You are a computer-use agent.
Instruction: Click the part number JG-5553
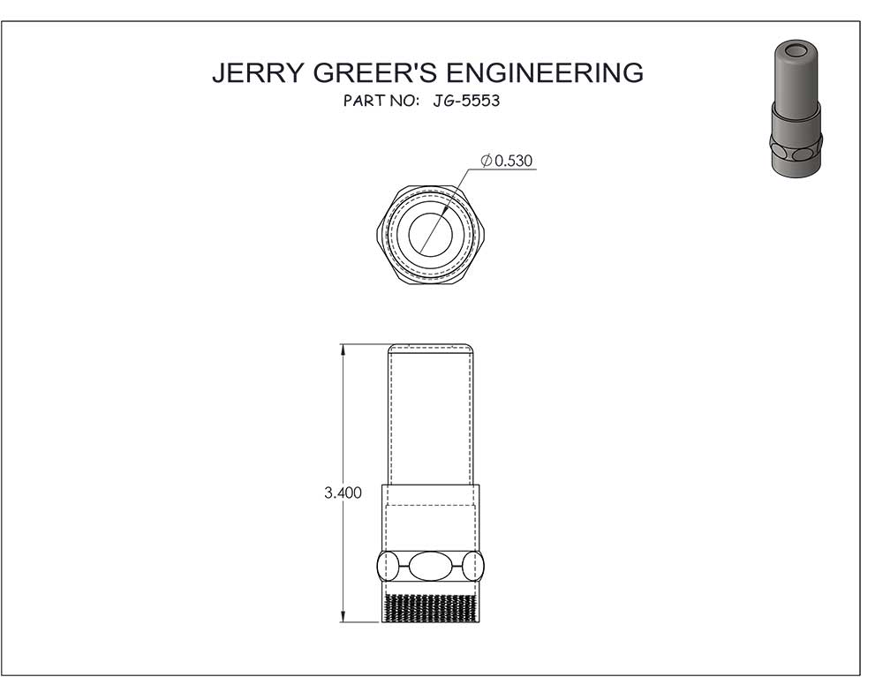[466, 101]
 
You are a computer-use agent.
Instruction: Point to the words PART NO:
[381, 101]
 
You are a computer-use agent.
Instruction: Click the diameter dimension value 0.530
[515, 161]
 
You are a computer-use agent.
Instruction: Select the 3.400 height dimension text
[343, 493]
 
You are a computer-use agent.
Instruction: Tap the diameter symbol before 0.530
[487, 161]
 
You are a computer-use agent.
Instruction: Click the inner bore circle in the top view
[430, 234]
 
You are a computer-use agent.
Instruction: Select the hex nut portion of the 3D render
[796, 150]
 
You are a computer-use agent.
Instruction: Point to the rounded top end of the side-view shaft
[431, 347]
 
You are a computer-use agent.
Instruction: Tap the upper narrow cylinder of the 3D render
[796, 79]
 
